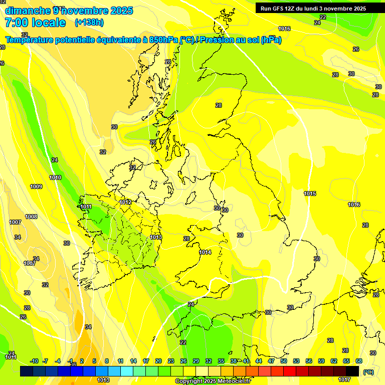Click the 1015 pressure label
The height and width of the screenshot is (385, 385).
310,194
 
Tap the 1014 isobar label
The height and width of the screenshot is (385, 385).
205,252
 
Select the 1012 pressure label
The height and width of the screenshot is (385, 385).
125,202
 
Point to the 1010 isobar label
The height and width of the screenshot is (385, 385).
55,177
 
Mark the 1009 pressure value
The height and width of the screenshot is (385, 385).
36,186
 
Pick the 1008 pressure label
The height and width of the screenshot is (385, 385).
31,217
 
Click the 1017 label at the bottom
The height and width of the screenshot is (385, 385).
344,379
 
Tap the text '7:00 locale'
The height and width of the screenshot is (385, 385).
35,23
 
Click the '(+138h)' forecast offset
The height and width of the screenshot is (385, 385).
89,23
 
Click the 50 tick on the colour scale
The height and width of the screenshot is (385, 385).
284,361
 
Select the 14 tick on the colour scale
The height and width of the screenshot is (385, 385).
133,361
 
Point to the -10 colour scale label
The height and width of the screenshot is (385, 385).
34,361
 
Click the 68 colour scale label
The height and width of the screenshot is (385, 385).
359,361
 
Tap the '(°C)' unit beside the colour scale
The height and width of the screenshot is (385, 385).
368,372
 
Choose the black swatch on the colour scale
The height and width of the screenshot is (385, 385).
352,371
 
